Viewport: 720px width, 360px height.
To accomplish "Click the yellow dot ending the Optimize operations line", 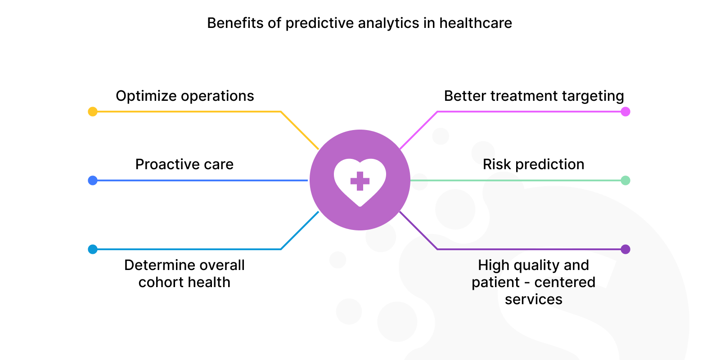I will pos(93,112).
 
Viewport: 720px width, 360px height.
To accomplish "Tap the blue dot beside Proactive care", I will pos(93,180).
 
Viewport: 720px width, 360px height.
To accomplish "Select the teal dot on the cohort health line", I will pos(93,249).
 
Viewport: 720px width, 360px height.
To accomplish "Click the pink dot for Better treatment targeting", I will pos(625,112).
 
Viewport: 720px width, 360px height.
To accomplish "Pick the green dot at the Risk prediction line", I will pos(625,180).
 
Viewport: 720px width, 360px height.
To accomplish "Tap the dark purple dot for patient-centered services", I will pos(625,249).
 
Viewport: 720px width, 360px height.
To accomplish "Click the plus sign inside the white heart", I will pos(360,181).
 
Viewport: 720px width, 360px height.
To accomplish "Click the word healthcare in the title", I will pos(476,23).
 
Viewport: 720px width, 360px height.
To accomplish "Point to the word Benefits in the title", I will pos(236,23).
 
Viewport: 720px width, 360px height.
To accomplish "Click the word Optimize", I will pos(146,96).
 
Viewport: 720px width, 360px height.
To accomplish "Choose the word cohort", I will pos(158,283).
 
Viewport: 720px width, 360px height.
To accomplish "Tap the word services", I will pos(534,300).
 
